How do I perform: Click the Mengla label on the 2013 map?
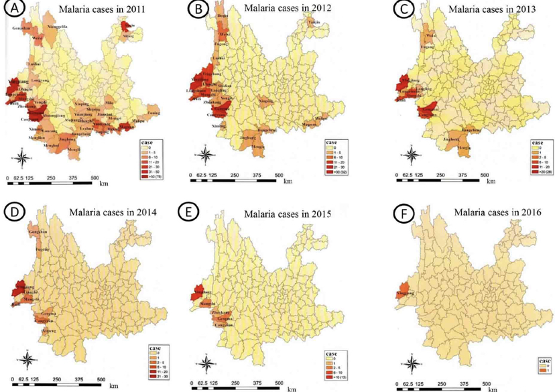pos(464,148)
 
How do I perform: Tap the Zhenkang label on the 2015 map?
pos(220,313)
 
